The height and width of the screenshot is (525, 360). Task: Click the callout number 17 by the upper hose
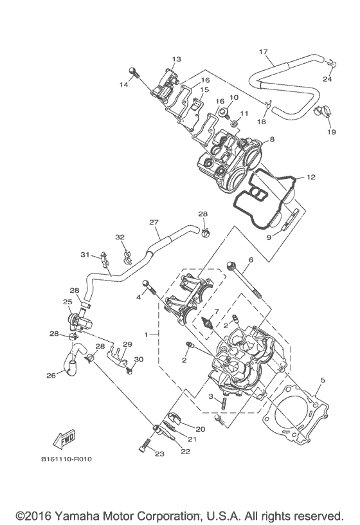[263, 51]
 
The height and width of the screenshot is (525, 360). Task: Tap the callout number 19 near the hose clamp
[332, 131]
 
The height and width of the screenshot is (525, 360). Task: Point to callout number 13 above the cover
[177, 59]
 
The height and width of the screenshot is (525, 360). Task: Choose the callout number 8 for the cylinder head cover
[272, 139]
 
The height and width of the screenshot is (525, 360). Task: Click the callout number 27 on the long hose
[154, 223]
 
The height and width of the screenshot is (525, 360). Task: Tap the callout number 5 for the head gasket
[322, 380]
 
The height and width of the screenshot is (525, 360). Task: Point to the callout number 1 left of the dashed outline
[147, 335]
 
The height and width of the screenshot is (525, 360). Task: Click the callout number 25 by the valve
[67, 302]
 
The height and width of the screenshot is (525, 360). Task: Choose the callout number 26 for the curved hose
[51, 377]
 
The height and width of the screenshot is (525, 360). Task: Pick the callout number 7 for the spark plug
[217, 312]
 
